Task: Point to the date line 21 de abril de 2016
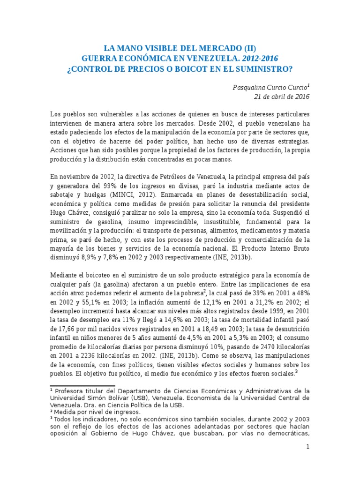pos(282,97)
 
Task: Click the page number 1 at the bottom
pos(308,448)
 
